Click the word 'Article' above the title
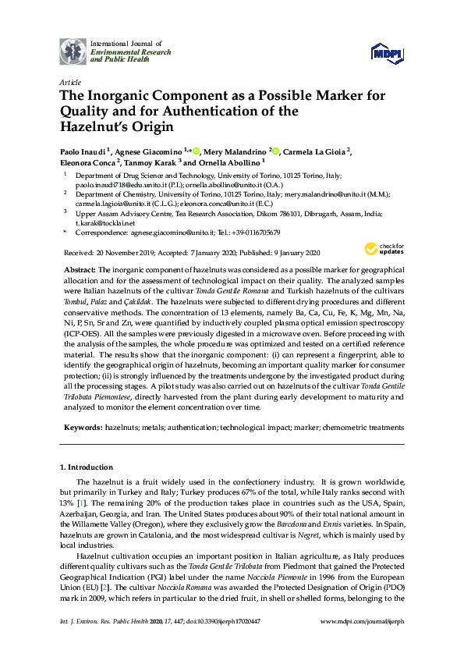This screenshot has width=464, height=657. coord(70,82)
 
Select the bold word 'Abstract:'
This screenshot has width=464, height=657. coord(80,268)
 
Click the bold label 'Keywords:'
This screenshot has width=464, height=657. coord(83,428)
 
